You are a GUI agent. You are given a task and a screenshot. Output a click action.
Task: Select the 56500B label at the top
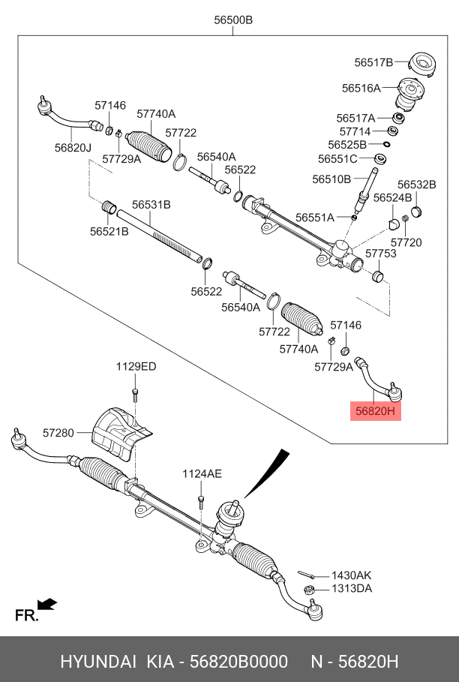pos(233,20)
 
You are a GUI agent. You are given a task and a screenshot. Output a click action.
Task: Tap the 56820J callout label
pos(73,149)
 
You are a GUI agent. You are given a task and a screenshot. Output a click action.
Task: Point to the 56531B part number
pos(151,204)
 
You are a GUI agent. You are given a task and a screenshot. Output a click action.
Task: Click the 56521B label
pos(109,232)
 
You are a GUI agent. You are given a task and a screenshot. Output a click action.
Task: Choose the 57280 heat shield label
pos(58,433)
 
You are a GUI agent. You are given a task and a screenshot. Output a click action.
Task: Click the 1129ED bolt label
pos(136,367)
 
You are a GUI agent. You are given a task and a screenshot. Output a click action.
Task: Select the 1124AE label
pos(202,473)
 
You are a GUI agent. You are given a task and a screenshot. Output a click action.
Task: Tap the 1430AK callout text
pos(351,575)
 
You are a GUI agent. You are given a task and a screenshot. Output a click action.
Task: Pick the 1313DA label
pos(352,588)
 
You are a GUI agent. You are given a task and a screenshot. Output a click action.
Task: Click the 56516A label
pos(361,88)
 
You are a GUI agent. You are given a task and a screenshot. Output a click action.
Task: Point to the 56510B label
pos(332,179)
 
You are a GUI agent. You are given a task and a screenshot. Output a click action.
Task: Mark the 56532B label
pos(416,185)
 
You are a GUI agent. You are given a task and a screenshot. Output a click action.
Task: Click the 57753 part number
pos(381,254)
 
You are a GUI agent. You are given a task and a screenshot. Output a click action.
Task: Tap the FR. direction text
pos(26,616)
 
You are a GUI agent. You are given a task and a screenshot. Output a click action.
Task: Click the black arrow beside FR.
pos(47,603)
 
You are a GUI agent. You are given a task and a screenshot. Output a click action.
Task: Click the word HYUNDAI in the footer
pos(97,662)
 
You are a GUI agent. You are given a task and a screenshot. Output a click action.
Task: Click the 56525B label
pos(347,144)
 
